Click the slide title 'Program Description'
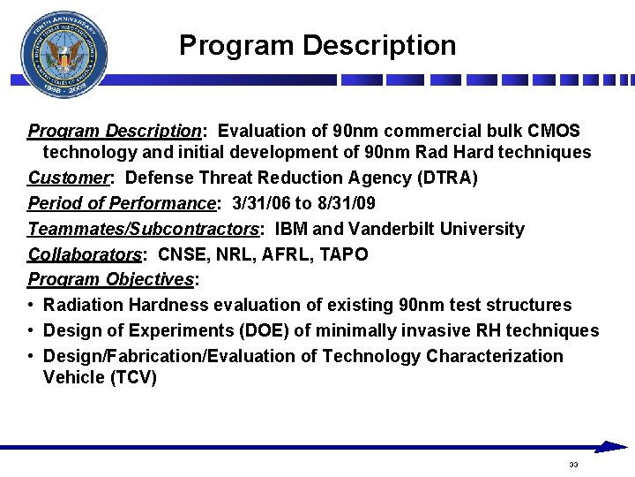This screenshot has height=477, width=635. click(317, 45)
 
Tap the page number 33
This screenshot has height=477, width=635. click(573, 465)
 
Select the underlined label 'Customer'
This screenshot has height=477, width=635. click(69, 178)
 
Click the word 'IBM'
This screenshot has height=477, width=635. click(292, 229)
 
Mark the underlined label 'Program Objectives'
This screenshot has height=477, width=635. click(111, 280)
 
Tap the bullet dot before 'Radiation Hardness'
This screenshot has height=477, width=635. click(32, 306)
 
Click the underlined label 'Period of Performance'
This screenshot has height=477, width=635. click(123, 203)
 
